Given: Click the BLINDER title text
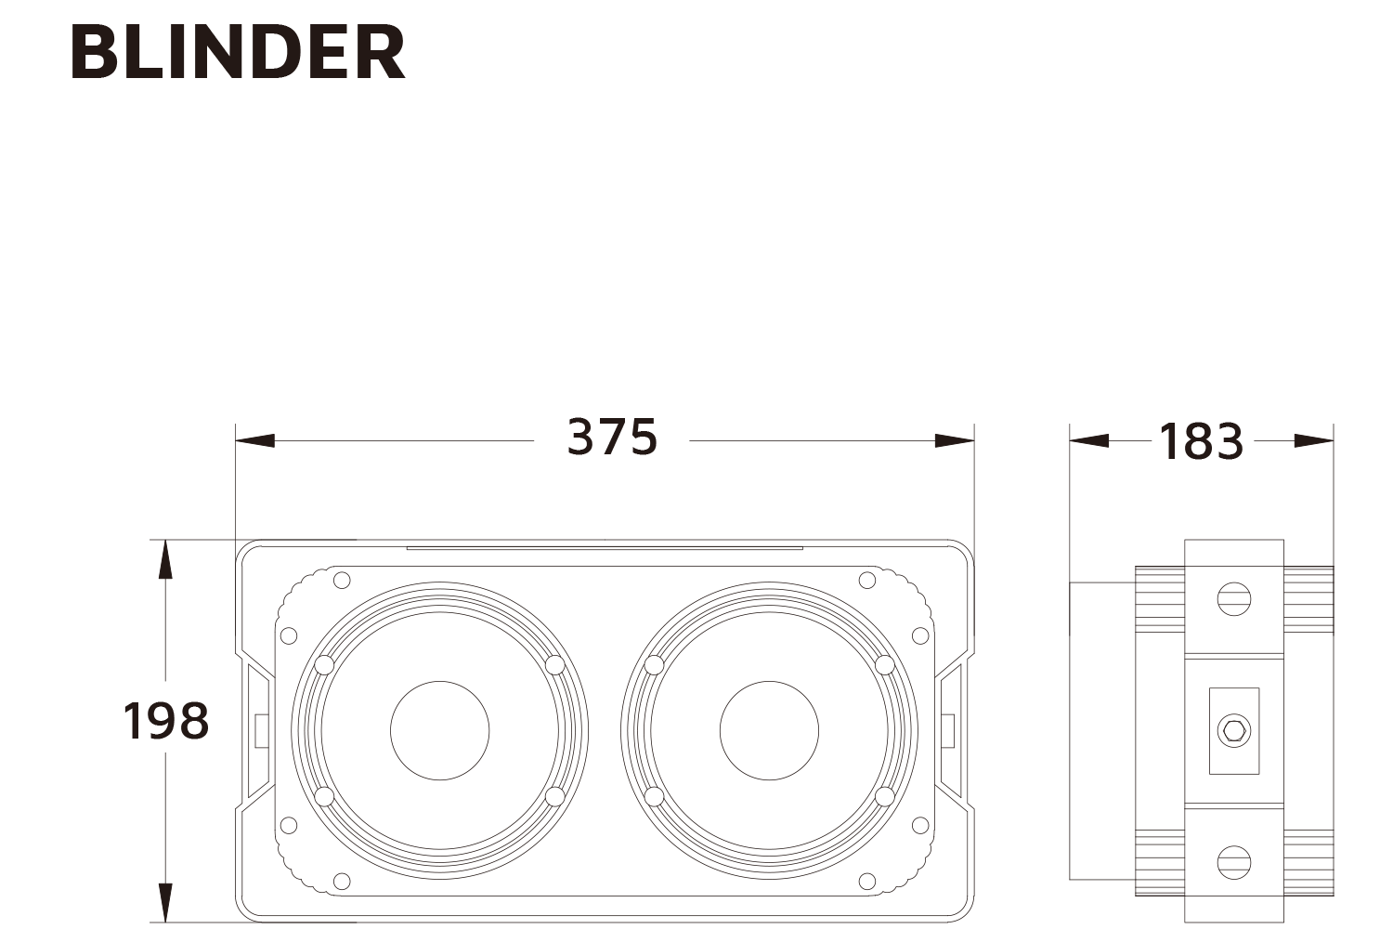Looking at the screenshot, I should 238,52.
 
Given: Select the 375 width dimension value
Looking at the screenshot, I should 612,437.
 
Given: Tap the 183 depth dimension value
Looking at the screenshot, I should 1201,441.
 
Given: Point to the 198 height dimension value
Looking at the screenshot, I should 166,721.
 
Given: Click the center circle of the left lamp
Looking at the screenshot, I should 439,730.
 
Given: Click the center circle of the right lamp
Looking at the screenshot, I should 769,730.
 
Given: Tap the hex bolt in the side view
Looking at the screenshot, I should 1234,730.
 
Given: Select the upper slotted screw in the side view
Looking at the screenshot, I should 1234,598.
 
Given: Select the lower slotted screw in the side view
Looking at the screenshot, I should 1234,861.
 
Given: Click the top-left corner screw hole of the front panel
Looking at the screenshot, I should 342,581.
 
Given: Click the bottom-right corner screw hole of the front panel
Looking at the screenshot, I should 867,881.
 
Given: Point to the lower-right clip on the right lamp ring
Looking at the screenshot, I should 885,796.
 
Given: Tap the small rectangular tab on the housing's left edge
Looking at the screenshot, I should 261,729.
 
